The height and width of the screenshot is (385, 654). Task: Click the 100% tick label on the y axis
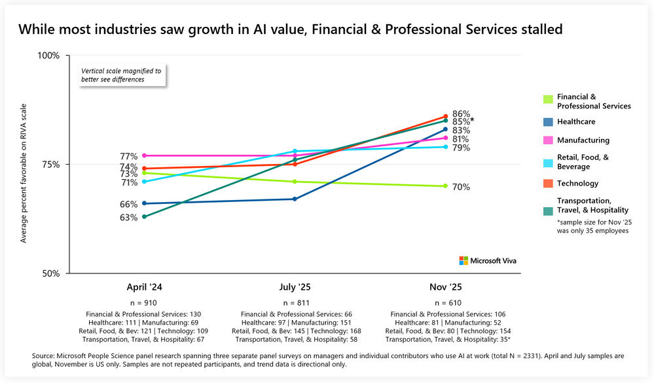click(x=48, y=56)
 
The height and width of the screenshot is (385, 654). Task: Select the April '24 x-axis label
click(x=144, y=287)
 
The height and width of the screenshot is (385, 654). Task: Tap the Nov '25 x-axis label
click(x=445, y=287)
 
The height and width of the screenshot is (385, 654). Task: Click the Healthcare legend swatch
click(x=547, y=122)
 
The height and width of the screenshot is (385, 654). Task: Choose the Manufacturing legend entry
click(x=583, y=140)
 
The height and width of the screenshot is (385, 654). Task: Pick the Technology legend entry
click(x=577, y=184)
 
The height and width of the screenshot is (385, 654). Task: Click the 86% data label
click(x=461, y=113)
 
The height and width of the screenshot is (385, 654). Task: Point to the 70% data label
click(x=461, y=187)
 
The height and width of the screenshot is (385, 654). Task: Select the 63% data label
click(x=128, y=217)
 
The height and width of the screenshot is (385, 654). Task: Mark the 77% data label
click(x=128, y=156)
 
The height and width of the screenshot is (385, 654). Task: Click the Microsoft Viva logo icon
click(x=464, y=260)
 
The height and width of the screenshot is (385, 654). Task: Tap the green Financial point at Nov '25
click(x=445, y=186)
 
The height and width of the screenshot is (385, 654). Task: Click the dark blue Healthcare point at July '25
click(x=295, y=199)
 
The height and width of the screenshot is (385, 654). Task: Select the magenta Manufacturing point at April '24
click(x=144, y=155)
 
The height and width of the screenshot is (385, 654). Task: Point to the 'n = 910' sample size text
click(x=144, y=304)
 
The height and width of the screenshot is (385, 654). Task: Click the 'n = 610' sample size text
click(x=445, y=304)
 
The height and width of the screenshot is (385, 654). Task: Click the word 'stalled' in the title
click(x=539, y=30)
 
